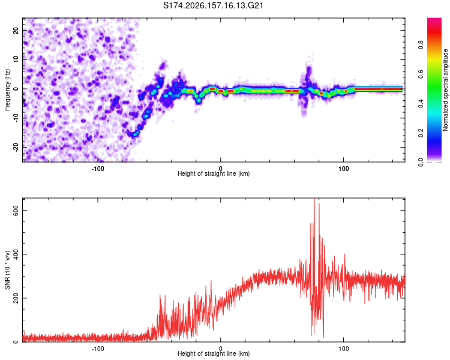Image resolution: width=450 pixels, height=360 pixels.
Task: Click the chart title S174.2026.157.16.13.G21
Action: (213, 5)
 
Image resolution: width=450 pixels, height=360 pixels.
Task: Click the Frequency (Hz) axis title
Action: (7, 90)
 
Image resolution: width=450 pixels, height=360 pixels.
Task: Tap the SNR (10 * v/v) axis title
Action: (7, 270)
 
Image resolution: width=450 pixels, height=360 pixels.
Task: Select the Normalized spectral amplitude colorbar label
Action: (445, 90)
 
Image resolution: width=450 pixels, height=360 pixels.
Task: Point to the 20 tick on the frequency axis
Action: (16, 30)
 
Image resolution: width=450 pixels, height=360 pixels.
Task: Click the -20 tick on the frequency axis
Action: (16, 147)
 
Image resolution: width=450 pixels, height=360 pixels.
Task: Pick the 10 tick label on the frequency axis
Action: (16, 59)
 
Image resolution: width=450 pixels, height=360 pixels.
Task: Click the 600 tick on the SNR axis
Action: (16, 211)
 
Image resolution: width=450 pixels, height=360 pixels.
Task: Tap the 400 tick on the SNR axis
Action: (16, 254)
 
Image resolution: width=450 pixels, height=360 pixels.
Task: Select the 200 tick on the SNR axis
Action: (16, 298)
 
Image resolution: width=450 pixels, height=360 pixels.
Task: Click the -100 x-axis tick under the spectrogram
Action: (98, 169)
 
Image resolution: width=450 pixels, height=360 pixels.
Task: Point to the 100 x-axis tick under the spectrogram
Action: (344, 169)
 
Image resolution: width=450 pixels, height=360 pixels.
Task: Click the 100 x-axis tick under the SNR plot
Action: (344, 349)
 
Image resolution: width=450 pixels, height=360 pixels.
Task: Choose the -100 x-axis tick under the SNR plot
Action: (98, 349)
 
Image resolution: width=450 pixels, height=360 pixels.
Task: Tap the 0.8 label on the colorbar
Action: (421, 44)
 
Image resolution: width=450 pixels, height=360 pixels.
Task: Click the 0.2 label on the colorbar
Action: (421, 133)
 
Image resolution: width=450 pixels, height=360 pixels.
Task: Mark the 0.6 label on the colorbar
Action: (421, 74)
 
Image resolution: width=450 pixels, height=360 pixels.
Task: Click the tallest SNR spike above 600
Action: (314, 200)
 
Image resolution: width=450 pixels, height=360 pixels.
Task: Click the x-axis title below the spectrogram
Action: (214, 173)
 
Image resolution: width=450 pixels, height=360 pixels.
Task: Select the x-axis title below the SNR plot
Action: (214, 353)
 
